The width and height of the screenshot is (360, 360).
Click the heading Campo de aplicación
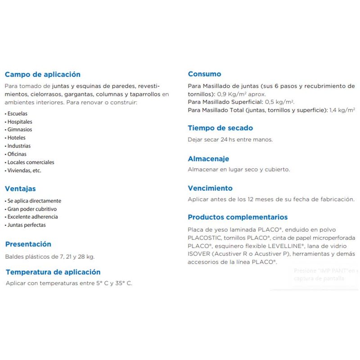(42, 75)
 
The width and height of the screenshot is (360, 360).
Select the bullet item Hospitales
(20, 122)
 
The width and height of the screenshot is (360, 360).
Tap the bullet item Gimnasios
(20, 130)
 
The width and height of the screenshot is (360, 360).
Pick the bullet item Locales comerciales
(31, 162)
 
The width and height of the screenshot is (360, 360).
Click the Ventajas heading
(20, 189)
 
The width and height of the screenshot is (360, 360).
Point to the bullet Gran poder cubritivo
(32, 209)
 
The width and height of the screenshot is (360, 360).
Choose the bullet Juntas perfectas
(27, 225)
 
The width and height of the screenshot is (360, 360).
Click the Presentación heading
(28, 244)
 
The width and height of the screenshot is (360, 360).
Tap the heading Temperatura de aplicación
(53, 272)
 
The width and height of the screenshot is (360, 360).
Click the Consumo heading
(204, 74)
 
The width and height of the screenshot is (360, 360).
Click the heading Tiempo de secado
(220, 128)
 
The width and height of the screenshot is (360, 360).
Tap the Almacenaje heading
(208, 159)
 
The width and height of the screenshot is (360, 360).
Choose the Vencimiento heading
(210, 189)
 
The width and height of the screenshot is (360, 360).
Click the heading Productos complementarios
(238, 217)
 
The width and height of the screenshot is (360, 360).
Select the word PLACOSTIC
(204, 238)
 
